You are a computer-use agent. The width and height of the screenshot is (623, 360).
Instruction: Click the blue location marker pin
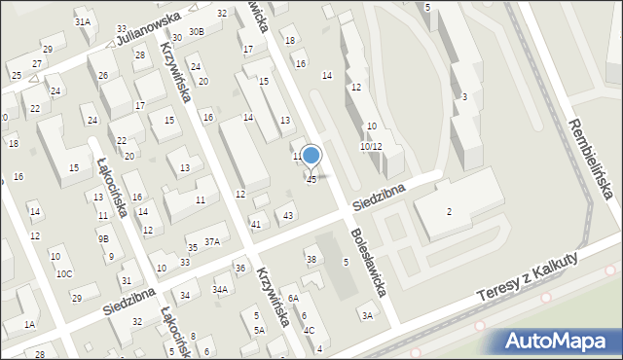pos(311,156)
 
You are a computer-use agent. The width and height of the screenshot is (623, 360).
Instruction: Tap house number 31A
pos(83,21)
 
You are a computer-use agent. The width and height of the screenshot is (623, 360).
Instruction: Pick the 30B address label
pos(197,31)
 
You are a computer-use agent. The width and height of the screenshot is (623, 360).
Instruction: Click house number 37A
pos(212,241)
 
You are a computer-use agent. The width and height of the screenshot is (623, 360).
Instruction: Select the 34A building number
pos(221,289)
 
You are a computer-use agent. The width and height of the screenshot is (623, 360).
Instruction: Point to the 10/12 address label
pos(370,146)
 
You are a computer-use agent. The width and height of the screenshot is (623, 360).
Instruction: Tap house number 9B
pos(103,237)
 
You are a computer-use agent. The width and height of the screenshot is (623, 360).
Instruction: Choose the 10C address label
pos(63,273)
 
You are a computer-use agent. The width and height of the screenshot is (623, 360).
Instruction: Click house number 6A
pos(292,300)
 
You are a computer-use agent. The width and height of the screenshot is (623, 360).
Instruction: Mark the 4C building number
pos(309,330)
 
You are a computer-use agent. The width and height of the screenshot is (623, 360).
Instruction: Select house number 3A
pos(367,315)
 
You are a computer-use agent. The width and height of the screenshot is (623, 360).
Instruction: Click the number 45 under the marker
pos(311,179)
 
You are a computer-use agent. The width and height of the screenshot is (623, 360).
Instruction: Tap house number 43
pos(288,215)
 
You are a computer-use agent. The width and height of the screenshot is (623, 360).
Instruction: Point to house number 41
pos(256,225)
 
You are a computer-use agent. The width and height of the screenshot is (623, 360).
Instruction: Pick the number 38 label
pos(311,260)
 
